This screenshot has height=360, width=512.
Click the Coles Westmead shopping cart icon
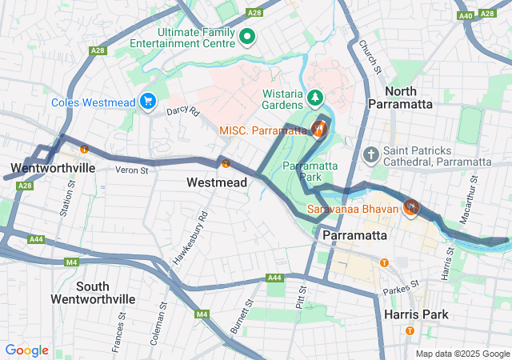click(148, 102)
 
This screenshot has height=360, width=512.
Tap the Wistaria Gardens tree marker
click(317, 98)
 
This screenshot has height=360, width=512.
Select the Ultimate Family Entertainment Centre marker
click(248, 36)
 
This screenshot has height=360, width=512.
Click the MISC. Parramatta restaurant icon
click(319, 128)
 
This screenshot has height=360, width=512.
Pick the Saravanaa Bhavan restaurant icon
click(412, 208)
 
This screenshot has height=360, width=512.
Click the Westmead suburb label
click(217, 182)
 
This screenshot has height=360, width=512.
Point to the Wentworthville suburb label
click(53, 168)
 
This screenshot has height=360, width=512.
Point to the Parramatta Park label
click(313, 172)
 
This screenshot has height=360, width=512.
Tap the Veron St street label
click(132, 170)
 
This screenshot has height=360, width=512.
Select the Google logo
click(26, 350)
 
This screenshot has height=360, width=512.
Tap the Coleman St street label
click(156, 322)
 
